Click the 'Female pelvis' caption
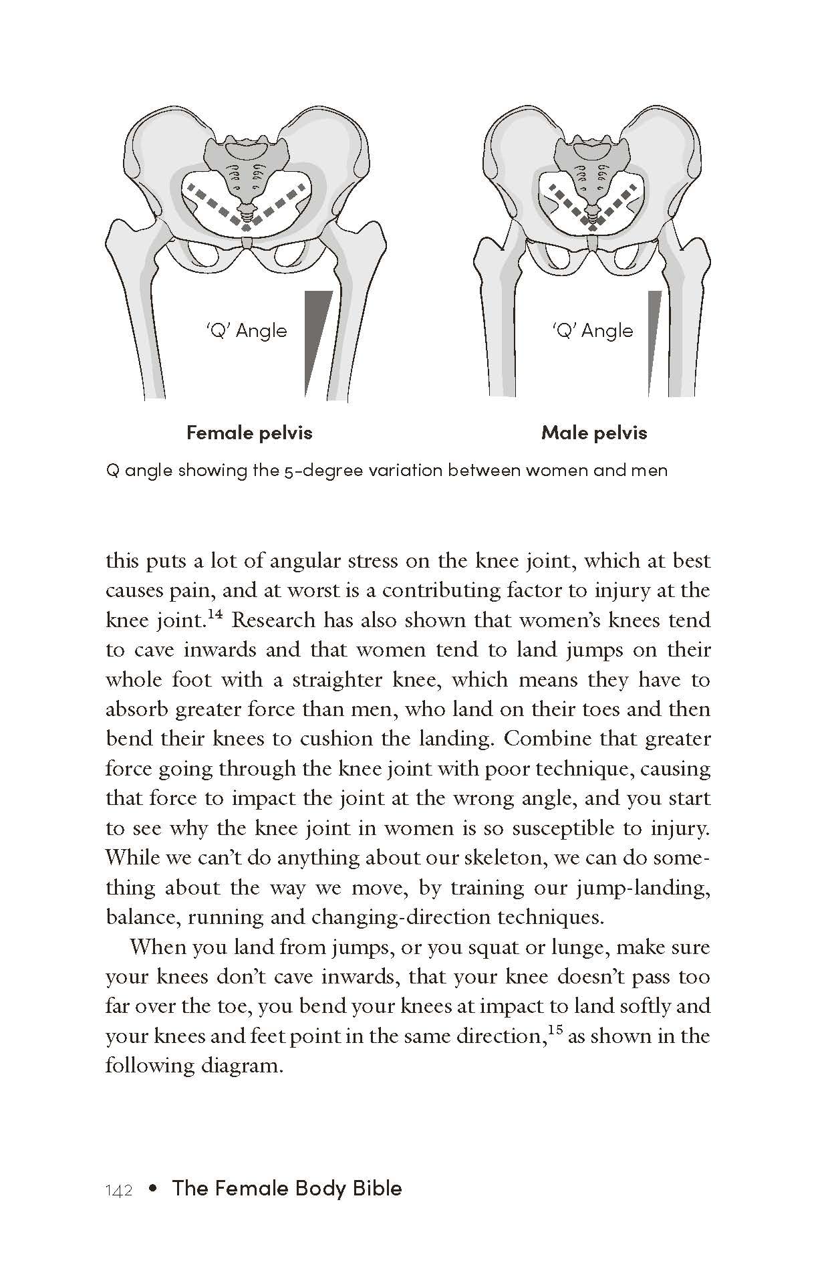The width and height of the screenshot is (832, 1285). pyautogui.click(x=249, y=433)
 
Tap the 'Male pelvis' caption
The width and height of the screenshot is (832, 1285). pyautogui.click(x=594, y=433)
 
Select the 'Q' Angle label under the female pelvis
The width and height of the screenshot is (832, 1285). pyautogui.click(x=247, y=331)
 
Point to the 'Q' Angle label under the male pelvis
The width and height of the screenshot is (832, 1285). pyautogui.click(x=593, y=331)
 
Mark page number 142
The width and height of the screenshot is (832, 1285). pyautogui.click(x=120, y=1191)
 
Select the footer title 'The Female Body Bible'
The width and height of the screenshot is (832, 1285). pyautogui.click(x=287, y=1189)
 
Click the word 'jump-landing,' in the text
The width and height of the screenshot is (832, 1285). pyautogui.click(x=646, y=888)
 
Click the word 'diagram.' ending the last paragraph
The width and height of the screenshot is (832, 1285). pyautogui.click(x=243, y=1066)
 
